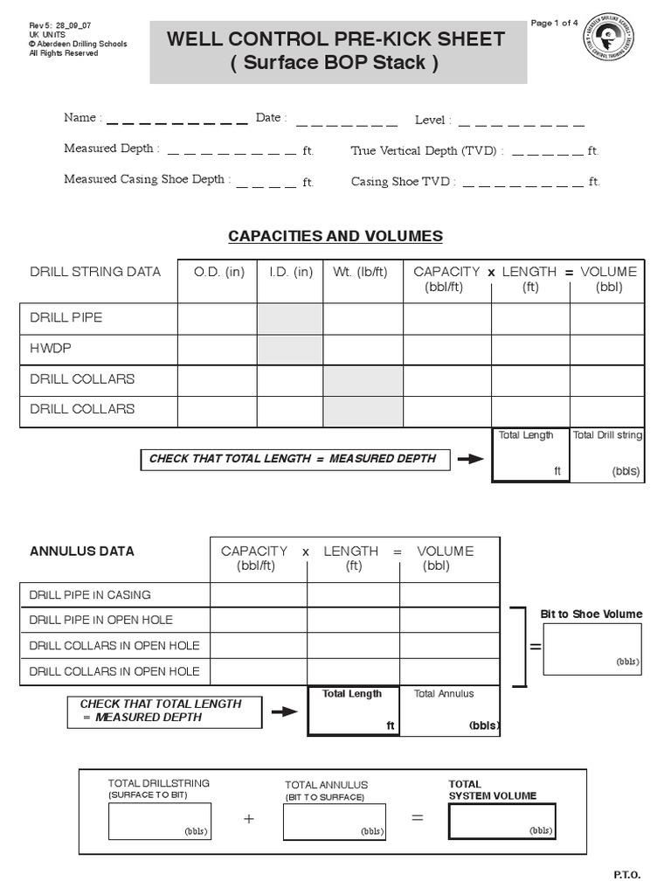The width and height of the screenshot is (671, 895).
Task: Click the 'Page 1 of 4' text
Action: point(555,23)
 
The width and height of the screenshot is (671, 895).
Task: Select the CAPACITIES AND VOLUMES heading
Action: point(335,236)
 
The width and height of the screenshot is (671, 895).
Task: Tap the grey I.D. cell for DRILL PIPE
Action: point(290,318)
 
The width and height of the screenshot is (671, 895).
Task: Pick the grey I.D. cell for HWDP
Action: point(290,349)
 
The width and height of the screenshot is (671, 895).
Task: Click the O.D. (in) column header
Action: point(218,272)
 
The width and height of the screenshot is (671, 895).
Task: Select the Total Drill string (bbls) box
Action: point(607,454)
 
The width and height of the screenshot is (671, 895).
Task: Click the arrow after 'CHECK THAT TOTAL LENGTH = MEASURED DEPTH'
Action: point(470,460)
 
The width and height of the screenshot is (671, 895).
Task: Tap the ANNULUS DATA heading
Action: point(82,552)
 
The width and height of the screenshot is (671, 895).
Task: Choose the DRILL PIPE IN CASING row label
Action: point(90,594)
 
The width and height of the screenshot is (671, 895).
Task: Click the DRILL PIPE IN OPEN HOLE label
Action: point(101,620)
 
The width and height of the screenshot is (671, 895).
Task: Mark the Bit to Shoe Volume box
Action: point(592,649)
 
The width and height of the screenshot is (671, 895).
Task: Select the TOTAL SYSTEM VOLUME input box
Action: point(502,822)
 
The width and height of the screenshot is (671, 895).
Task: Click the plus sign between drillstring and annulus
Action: point(249,819)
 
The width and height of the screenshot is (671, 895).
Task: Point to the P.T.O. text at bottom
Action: point(627,875)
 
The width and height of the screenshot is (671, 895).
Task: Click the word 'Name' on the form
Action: point(80,117)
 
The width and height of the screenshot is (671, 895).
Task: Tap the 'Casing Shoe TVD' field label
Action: point(401,182)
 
